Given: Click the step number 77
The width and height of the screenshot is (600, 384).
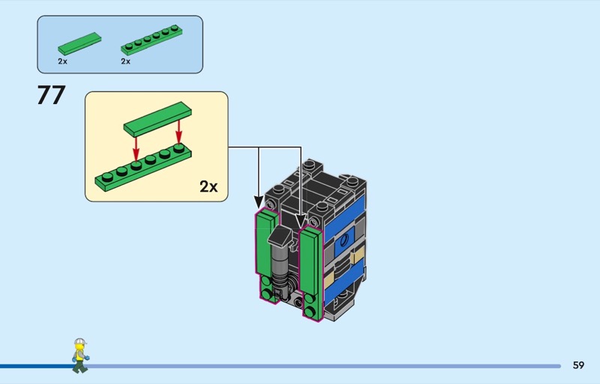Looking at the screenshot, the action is [51, 95].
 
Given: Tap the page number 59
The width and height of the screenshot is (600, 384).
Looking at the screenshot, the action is [578, 365].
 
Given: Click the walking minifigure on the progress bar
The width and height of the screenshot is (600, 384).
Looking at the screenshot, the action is [80, 356].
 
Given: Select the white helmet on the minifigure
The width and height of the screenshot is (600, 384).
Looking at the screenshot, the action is [79, 341].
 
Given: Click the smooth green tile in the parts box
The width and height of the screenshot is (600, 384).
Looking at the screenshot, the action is [79, 43].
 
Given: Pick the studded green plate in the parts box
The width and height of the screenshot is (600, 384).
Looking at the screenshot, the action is [151, 40].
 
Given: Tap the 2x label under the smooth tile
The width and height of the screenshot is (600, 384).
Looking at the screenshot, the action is [62, 61].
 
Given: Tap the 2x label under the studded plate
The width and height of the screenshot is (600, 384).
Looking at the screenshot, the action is [125, 61].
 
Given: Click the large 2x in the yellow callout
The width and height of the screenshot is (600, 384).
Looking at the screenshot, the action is [208, 186].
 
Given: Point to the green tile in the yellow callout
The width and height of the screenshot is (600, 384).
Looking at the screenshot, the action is [157, 118].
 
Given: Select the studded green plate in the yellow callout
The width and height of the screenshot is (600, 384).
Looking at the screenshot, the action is [143, 168].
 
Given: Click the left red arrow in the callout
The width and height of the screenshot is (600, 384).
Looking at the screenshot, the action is [136, 149].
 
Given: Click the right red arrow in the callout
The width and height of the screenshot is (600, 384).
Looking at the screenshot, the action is [178, 132].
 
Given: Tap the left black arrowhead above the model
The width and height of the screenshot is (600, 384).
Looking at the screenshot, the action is [259, 202].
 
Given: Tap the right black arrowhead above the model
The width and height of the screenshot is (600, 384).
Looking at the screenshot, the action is [301, 222].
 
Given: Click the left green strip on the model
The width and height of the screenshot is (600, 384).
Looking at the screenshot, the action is [267, 256].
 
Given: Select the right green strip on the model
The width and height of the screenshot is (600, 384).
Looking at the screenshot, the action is [311, 272].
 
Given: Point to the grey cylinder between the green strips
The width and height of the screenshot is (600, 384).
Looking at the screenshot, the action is [278, 263].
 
